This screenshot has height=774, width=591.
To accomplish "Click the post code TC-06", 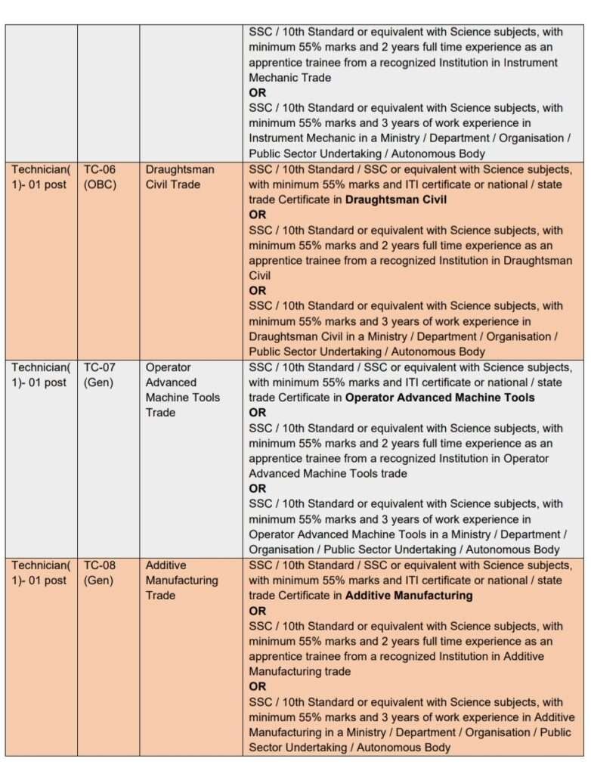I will click(100, 169).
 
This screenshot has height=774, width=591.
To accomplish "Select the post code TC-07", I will click(100, 367).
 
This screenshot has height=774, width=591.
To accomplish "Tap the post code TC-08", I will click(100, 565).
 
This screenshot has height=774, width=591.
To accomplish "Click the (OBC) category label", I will click(101, 184).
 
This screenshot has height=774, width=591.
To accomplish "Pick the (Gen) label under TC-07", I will click(98, 382).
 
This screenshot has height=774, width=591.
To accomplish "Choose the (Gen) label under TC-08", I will click(98, 580).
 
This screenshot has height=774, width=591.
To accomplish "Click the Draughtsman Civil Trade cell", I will click(180, 177).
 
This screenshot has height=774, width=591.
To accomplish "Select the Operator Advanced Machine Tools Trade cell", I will click(183, 390).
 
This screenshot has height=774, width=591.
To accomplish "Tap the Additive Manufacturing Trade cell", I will click(181, 580).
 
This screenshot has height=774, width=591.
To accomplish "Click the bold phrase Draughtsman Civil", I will click(396, 200).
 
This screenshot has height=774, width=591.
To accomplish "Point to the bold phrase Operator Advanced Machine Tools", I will click(440, 398).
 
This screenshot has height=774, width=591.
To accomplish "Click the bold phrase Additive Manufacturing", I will click(409, 596).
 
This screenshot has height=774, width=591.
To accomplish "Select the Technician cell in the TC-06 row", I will click(40, 177).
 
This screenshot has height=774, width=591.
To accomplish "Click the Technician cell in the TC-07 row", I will click(40, 375).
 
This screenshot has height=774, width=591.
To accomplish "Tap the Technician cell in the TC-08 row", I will click(40, 573).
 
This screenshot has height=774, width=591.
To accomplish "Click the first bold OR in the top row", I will click(258, 93).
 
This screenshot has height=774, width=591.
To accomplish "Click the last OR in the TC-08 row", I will click(258, 686).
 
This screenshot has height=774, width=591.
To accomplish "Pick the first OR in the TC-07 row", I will click(258, 413).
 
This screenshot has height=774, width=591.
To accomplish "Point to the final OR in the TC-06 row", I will click(258, 290).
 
